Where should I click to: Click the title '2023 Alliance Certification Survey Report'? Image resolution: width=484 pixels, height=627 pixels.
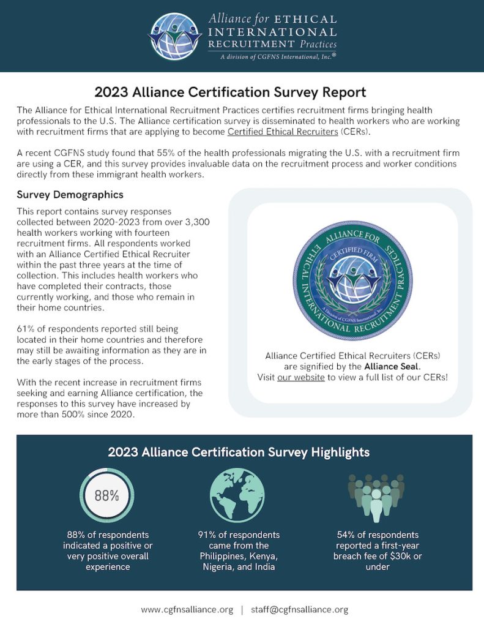click(230, 92)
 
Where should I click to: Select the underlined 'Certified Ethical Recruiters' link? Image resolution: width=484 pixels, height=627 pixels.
click(283, 132)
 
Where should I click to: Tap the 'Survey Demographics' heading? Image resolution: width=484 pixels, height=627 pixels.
click(70, 195)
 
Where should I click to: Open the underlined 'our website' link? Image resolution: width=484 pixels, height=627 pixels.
click(300, 377)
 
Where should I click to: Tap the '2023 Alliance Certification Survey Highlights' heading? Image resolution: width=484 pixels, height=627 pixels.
click(239, 452)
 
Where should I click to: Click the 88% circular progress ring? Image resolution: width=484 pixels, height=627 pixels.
click(107, 495)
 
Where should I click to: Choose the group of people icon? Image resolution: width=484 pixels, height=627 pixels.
click(377, 495)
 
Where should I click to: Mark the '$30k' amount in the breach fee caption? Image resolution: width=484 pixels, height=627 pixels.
click(398, 556)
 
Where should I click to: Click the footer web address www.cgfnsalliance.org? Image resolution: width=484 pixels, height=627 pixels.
click(187, 609)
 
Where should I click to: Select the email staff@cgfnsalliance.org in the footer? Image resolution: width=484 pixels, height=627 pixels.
click(299, 609)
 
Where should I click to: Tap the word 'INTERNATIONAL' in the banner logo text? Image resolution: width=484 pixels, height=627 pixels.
click(272, 32)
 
